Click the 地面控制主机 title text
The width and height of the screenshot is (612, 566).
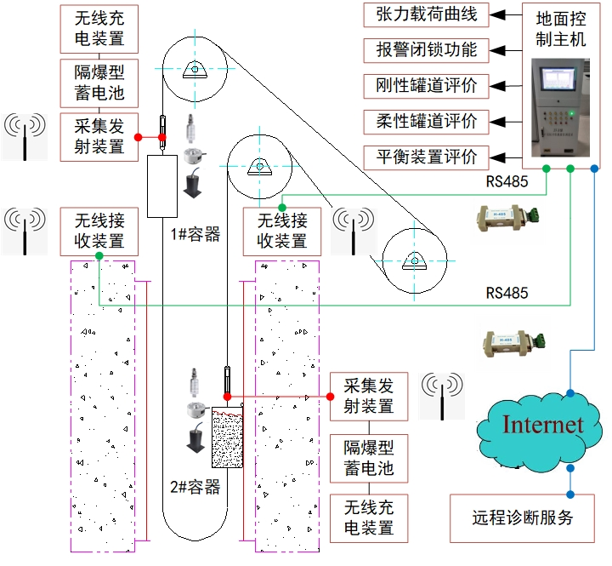[x=562, y=29]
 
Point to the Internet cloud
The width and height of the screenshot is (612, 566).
[x=542, y=425]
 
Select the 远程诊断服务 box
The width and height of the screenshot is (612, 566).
[x=523, y=517]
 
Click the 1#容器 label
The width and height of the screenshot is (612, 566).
[x=195, y=234]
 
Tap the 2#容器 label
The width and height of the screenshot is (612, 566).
[x=195, y=487]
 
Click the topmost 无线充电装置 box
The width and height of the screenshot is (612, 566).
[x=99, y=28]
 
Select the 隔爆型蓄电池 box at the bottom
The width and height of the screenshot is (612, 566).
[x=369, y=458]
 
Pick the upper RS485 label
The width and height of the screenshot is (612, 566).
[x=507, y=181]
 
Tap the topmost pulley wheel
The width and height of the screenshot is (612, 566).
[x=195, y=69]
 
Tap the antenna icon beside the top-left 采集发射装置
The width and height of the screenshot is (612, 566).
[x=26, y=136]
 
